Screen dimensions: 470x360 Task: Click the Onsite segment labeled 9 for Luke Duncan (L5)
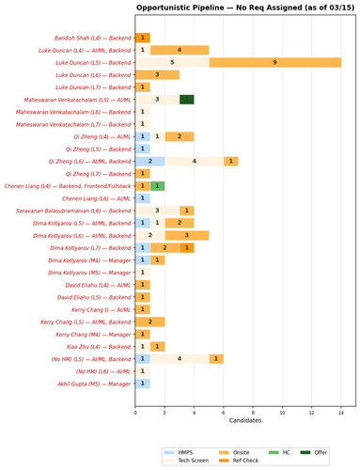tap(274, 62)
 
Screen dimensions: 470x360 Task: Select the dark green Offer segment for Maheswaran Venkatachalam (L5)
tap(186, 99)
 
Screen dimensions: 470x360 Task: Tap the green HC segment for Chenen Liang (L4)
tap(157, 186)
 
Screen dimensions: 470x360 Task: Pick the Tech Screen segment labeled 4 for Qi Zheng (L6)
tap(194, 161)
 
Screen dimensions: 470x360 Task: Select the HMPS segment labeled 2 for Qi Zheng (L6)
tap(149, 161)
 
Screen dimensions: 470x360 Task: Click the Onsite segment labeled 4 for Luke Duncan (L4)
tap(179, 50)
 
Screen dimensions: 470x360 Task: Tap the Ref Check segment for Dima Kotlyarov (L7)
tap(186, 248)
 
